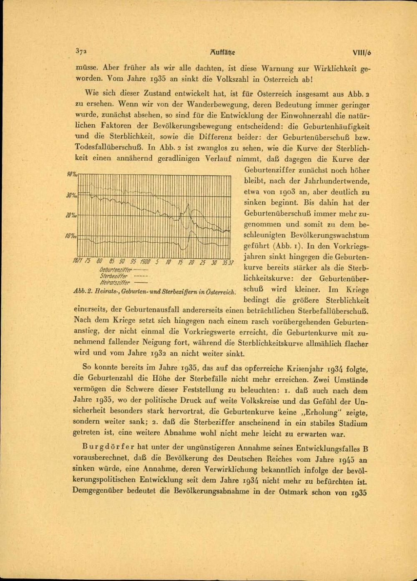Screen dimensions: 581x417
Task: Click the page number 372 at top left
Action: pyautogui.click(x=80, y=52)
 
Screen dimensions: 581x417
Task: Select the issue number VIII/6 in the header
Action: pyautogui.click(x=361, y=53)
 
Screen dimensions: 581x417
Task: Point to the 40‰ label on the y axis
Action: pyautogui.click(x=72, y=174)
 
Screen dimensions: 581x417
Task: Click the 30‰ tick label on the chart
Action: pyautogui.click(x=71, y=195)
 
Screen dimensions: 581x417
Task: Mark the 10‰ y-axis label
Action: pyautogui.click(x=71, y=236)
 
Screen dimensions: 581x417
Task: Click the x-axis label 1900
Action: pyautogui.click(x=145, y=262)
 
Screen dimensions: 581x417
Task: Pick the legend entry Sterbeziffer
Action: pyautogui.click(x=116, y=276)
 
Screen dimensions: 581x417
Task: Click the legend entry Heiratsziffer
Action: pyautogui.click(x=115, y=283)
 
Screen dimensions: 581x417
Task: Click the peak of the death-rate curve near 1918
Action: pyautogui.click(x=188, y=204)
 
